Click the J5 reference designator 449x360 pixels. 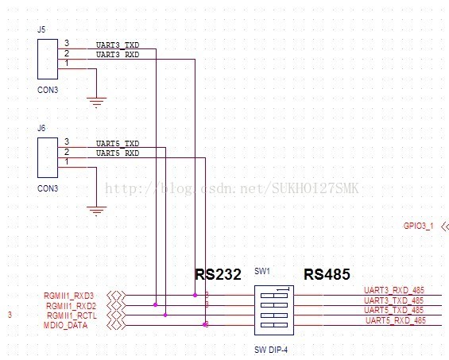click(41, 29)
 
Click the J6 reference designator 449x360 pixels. click(41, 128)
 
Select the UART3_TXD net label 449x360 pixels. click(118, 45)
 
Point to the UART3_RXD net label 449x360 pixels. click(118, 54)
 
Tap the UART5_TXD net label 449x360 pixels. click(118, 144)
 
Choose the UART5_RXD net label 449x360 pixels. click(118, 153)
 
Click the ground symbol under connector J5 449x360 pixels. click(96, 103)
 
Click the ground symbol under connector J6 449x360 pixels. click(96, 211)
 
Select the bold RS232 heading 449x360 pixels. click(218, 274)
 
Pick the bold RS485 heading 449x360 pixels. click(327, 274)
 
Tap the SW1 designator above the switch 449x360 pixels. click(262, 271)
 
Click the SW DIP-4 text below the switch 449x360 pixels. click(271, 350)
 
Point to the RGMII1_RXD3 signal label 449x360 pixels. click(68, 296)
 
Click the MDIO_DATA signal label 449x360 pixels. click(66, 325)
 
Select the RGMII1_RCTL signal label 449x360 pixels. click(72, 315)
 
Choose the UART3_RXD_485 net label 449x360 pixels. click(394, 290)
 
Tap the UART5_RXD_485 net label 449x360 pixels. click(396, 320)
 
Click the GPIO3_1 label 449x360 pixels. click(418, 226)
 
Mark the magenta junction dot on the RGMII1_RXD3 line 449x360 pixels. click(195, 295)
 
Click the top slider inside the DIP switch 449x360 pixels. click(274, 296)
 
